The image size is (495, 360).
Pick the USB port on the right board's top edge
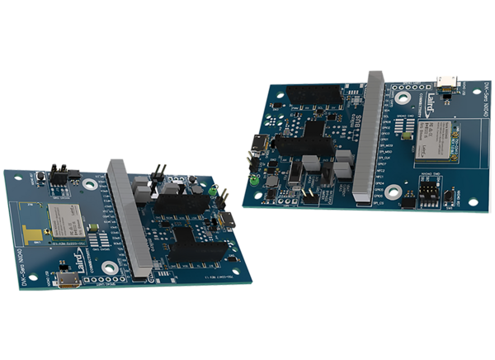446,80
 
